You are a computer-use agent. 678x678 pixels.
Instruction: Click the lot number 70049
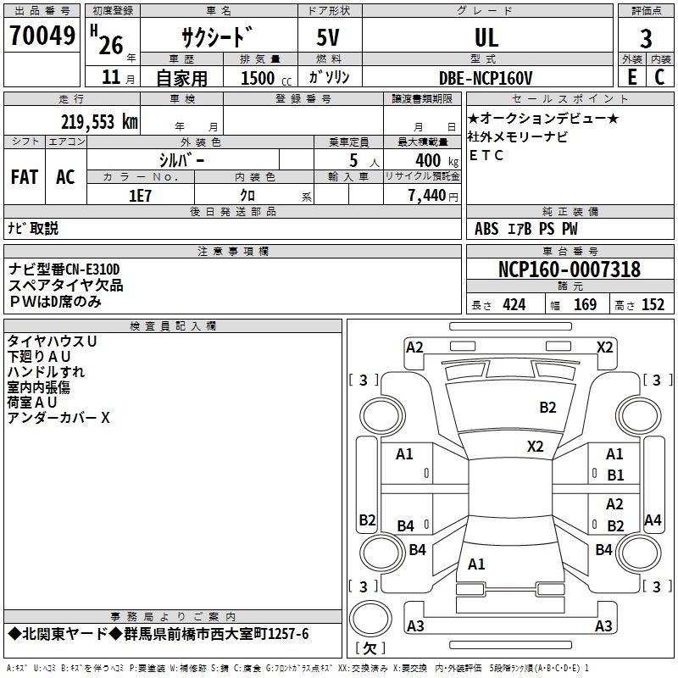(42, 36)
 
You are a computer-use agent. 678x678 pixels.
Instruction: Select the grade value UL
(486, 37)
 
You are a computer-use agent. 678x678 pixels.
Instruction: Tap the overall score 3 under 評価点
(646, 38)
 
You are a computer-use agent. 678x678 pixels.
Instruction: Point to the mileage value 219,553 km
(99, 122)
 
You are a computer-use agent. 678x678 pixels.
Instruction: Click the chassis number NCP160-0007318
(569, 270)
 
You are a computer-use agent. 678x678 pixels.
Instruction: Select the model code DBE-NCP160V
(485, 78)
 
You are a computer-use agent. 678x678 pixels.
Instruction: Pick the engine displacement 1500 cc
(266, 78)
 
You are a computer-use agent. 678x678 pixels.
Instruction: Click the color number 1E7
(140, 196)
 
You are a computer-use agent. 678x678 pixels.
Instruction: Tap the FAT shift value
(25, 177)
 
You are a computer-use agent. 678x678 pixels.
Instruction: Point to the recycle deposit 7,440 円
(433, 196)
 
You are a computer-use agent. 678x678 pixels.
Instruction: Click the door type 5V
(328, 37)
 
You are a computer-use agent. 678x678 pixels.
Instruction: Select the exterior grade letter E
(632, 77)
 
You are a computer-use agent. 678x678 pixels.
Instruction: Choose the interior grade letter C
(659, 77)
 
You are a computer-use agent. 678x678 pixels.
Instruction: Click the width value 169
(585, 305)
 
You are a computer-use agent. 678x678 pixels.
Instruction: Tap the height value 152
(653, 305)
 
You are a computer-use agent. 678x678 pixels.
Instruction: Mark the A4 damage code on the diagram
(653, 520)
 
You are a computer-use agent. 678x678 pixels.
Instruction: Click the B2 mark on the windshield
(547, 408)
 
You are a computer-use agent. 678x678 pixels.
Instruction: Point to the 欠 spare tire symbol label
(370, 648)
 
